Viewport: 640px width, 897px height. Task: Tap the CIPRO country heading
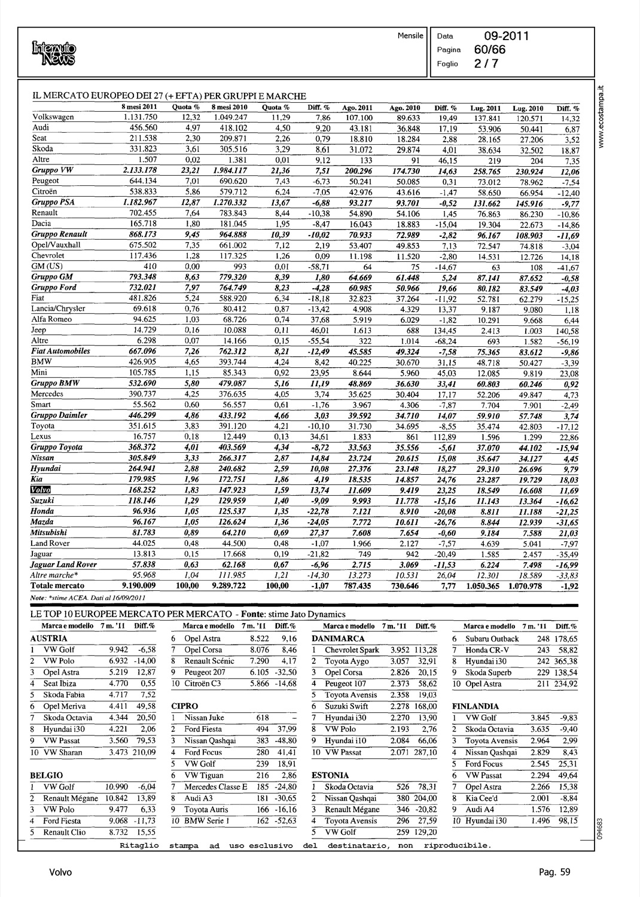(x=185, y=706)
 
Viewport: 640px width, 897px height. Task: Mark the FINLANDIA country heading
(x=475, y=706)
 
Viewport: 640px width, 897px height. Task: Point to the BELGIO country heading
(x=47, y=775)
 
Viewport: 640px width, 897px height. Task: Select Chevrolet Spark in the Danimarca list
(x=352, y=649)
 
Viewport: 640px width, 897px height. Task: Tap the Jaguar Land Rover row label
(x=63, y=565)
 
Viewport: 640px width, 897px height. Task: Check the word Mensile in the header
(x=410, y=35)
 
